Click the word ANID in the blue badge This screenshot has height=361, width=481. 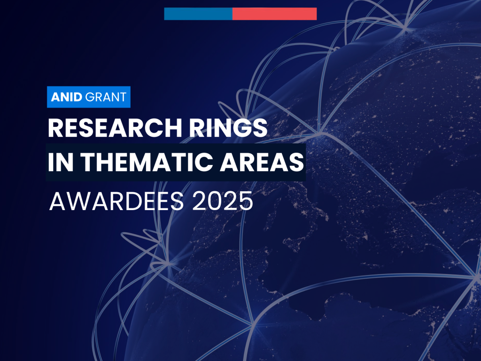click(67, 97)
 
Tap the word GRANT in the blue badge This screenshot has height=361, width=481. click(106, 97)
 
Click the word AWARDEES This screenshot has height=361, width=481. click(116, 201)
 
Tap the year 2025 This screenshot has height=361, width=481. click(223, 201)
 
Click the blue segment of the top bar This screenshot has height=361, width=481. click(198, 14)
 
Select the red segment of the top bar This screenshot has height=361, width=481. click(274, 14)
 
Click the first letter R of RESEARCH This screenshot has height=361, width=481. click(55, 128)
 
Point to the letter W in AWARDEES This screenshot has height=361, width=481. click(78, 201)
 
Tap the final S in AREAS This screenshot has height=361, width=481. click(296, 162)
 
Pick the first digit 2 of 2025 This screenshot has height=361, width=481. click(199, 201)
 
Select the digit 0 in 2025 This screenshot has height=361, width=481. click(215, 201)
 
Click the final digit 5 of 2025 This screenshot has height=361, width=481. click(246, 201)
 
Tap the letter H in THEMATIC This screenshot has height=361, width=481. click(104, 162)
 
